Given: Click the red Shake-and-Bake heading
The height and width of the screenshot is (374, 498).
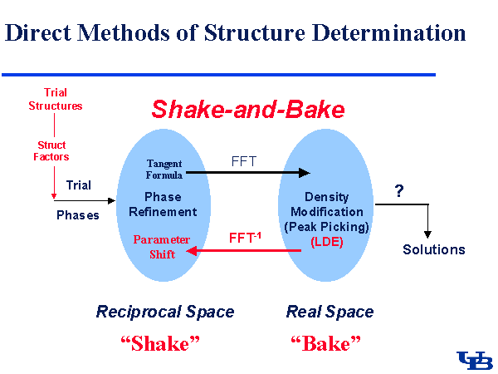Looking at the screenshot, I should tap(247, 110).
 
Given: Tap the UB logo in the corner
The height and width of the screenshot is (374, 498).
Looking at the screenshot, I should tap(475, 360).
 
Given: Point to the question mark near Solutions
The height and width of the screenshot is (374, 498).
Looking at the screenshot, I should tap(399, 190).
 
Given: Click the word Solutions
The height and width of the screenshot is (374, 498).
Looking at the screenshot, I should tap(433, 249).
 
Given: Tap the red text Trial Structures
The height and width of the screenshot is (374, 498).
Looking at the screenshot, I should tap(56, 100).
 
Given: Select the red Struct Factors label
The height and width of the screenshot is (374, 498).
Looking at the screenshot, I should tap(51, 150).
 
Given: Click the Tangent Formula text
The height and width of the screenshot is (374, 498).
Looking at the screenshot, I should tap(164, 170).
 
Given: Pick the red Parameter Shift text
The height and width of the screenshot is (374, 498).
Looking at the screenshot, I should tap(162, 247).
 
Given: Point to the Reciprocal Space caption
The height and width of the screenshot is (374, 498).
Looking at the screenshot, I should tap(165, 312).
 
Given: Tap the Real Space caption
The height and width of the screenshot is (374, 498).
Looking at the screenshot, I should tap(330, 312).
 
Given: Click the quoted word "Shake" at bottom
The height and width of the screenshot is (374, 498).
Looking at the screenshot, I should tap(164, 342).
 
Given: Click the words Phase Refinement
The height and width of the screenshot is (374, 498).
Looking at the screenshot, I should tap(163, 204).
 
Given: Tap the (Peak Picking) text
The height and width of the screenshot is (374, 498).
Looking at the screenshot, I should tap(327, 225).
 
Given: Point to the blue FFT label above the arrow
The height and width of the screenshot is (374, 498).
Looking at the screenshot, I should tap(244, 161).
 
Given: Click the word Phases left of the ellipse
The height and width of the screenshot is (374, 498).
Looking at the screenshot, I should tap(77, 214).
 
